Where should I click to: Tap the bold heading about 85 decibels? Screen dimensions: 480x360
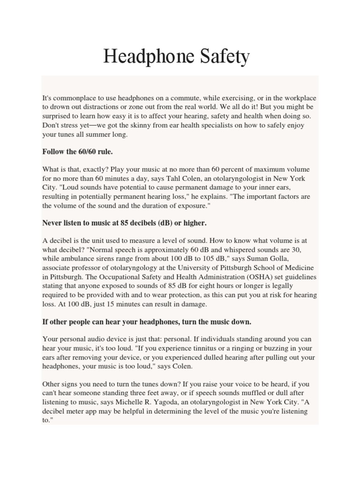pyautogui.click(x=125, y=223)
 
